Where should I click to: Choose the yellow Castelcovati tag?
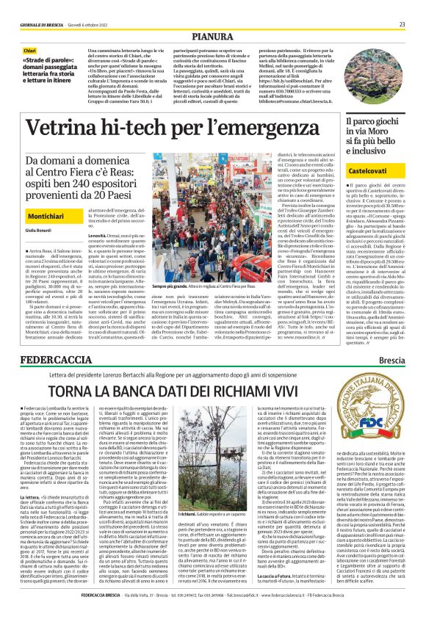tap(371, 170)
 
